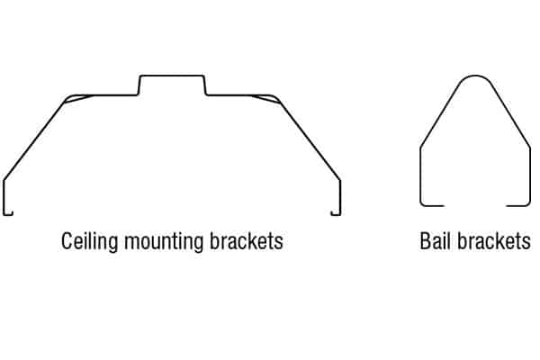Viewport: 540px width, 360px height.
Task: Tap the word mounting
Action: pos(164,241)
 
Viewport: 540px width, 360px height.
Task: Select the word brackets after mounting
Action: pos(247,241)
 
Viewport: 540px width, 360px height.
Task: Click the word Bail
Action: pos(435,241)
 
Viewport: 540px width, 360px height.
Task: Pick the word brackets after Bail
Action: pos(494,241)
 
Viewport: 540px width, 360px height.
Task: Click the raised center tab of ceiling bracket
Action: pos(172,76)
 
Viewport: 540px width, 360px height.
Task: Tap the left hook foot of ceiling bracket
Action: pos(7,214)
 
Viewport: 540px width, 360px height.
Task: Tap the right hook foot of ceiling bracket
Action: pos(336,214)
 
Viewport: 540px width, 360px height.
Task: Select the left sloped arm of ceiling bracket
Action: pos(34,141)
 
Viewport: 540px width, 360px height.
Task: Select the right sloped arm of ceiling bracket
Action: pos(310,141)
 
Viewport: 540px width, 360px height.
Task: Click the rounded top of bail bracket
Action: pos(475,76)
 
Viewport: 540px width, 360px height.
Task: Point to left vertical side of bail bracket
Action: pos(420,175)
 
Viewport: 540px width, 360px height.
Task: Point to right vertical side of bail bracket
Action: pos(530,175)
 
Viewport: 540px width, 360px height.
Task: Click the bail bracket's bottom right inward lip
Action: pos(518,206)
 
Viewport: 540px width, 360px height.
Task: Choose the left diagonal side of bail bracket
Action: pos(440,115)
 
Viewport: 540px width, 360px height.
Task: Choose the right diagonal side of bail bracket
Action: pos(510,115)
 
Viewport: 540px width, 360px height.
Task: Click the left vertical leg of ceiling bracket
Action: pos(4,197)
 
